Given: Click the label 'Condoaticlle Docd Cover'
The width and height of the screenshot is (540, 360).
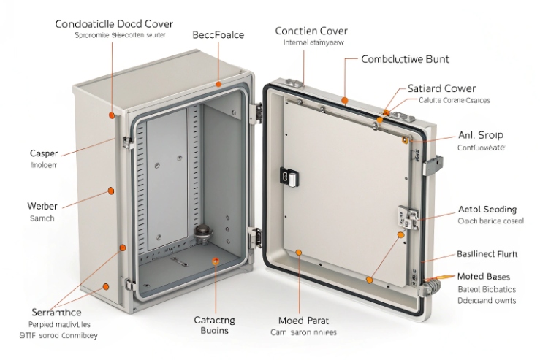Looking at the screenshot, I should coord(113,23).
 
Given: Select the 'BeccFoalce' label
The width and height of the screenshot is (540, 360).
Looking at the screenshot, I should coord(218,34).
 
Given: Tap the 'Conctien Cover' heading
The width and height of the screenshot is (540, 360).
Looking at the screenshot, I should coord(311,31).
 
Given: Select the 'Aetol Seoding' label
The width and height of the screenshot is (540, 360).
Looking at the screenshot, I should coord(487,209).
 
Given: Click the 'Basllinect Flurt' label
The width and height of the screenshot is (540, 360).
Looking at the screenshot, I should coord(487,254).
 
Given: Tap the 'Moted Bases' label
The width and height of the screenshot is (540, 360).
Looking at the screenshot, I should coord(484,277).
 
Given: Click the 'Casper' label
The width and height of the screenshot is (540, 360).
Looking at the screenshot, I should coord(42,154).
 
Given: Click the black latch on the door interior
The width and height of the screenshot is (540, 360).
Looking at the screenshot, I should coord(287,177).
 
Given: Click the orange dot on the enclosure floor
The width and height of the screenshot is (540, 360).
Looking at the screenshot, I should coord(215,261).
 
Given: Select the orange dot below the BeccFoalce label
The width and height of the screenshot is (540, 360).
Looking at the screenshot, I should coord(217,85).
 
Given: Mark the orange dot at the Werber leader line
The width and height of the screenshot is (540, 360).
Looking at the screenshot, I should coord(111,191).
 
